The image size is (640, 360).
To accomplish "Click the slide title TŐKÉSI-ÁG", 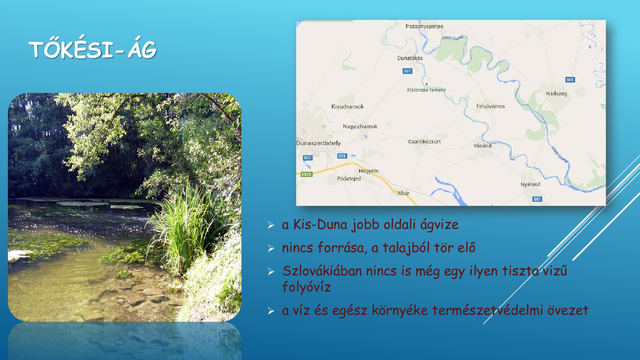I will coord(93,49).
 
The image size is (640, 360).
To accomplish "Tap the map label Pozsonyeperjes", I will coord(424,26).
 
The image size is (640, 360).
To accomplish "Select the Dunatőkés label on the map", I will coord(410,58).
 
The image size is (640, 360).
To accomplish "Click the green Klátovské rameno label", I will coord(426,90).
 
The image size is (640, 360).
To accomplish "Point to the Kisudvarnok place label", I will coord(347,106).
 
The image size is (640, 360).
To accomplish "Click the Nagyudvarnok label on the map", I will coord(360,126).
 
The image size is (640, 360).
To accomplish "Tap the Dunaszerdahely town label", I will coord(318,143).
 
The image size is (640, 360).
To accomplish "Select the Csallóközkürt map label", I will coord(424,141).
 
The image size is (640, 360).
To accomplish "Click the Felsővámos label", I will coord(490,106).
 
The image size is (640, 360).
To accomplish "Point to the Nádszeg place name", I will coord(556,93).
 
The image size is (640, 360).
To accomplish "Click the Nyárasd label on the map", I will coord(530,184).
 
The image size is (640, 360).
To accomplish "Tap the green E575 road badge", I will coord(306,174).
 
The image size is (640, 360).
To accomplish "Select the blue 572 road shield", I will coord(342,156).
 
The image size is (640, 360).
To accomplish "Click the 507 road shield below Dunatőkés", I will coord(407,71).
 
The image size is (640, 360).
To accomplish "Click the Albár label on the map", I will coord(403,193).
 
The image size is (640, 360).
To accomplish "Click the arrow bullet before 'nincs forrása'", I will coord(271,248).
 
